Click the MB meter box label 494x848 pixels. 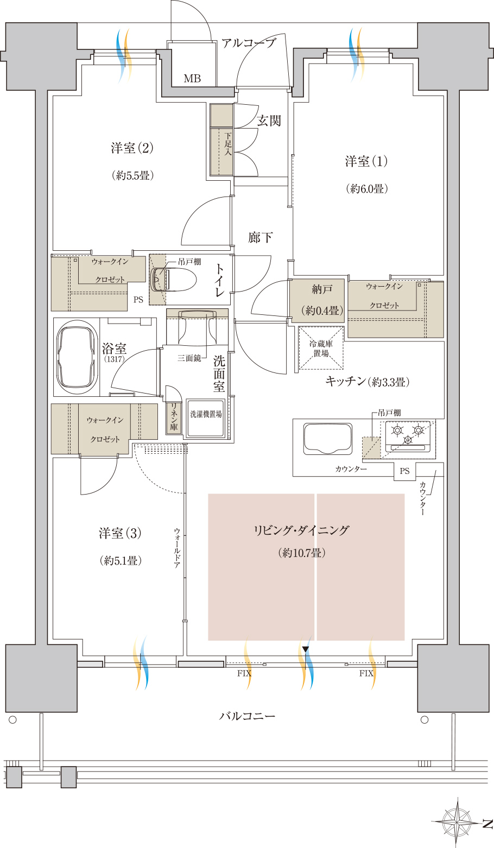(192, 78)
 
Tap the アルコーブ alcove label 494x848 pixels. (248, 43)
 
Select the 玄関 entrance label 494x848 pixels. (269, 121)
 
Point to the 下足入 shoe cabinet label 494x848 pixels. (228, 143)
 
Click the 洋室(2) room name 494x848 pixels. (132, 148)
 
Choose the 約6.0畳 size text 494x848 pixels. (367, 188)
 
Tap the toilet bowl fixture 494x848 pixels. (173, 280)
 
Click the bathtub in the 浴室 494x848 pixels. (77, 357)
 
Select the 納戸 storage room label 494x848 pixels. (322, 289)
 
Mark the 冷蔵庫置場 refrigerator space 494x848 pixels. (321, 348)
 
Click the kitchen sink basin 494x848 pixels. (328, 438)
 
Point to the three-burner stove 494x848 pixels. (408, 436)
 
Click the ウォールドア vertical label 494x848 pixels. (177, 548)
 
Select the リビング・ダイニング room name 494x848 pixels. (301, 530)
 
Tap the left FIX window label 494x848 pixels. (244, 673)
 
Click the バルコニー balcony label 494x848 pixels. (247, 716)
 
